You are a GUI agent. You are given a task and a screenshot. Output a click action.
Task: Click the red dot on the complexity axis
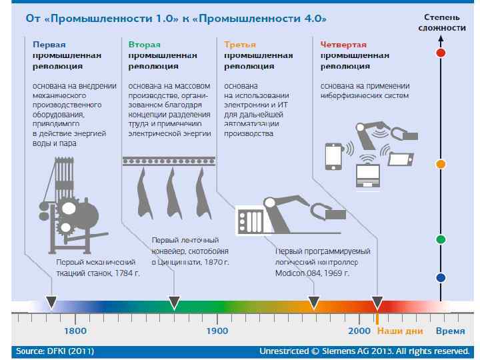(440, 52)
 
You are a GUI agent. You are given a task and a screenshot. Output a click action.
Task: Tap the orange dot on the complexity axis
(440, 163)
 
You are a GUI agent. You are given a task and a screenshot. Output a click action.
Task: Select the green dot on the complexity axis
(440, 239)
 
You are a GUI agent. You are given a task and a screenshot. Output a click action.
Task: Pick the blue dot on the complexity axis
(440, 277)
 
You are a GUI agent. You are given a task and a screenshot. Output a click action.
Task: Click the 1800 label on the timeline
(75, 331)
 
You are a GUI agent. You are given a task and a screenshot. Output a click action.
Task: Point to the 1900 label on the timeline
(217, 331)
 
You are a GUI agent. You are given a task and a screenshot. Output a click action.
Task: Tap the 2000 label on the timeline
(359, 331)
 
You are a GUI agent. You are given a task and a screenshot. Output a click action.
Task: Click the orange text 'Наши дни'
(399, 331)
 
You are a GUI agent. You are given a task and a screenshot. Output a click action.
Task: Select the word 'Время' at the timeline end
(451, 331)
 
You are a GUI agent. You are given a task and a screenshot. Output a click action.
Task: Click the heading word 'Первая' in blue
(49, 44)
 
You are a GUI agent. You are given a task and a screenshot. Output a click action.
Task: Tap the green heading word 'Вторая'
(145, 44)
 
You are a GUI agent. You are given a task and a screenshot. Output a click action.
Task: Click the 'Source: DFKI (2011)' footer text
(55, 351)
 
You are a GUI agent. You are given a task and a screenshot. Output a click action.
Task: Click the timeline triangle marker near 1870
(174, 303)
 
